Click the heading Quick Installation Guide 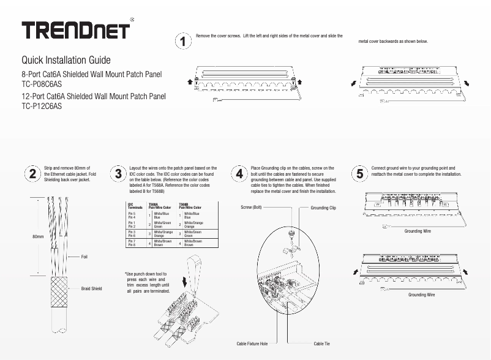click(x=66, y=60)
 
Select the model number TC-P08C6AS click(x=42, y=83)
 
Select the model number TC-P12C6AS click(x=42, y=105)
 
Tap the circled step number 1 click(x=183, y=42)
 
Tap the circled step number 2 click(x=32, y=173)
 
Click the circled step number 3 click(x=118, y=173)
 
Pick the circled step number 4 click(x=239, y=173)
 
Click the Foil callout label click(x=84, y=257)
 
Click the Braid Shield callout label click(x=91, y=288)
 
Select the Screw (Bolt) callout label click(x=251, y=208)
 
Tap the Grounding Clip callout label click(x=323, y=208)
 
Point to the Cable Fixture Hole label click(x=252, y=344)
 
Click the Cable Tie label click(x=322, y=344)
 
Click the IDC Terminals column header click(x=135, y=206)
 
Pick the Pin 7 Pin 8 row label click(x=132, y=243)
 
